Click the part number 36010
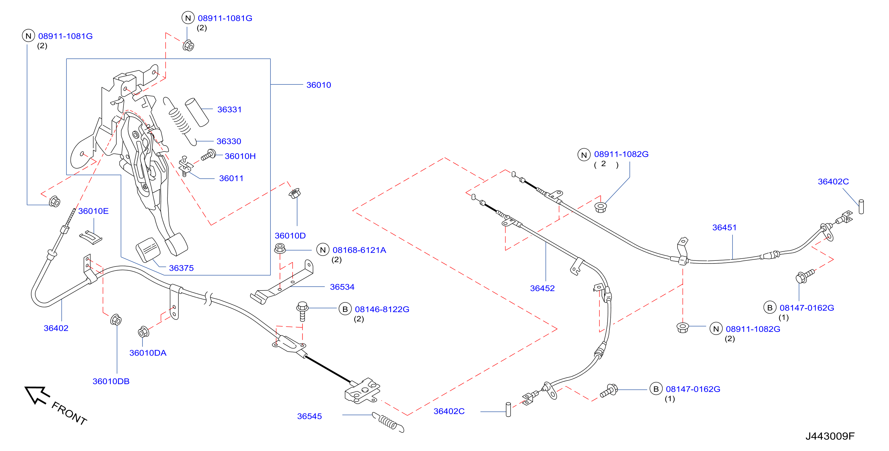coord(318,85)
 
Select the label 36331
coord(229,109)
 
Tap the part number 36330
coord(229,141)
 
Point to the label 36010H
coord(240,156)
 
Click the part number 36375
coord(181,268)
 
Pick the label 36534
coord(342,287)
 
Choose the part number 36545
coord(309,416)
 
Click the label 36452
coord(542,288)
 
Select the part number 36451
coord(724,228)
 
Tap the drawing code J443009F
coord(830,436)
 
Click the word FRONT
coord(69,413)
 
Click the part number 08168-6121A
coord(359,250)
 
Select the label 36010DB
coord(111,381)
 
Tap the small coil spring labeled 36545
coord(388,422)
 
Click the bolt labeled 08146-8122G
coord(302,311)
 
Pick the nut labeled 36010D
coord(294,193)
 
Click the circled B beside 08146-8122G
coord(345,309)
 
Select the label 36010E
coord(93,211)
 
